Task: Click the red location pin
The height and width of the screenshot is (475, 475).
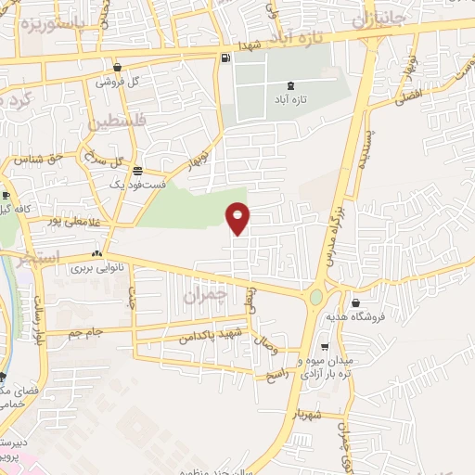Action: point(238,217)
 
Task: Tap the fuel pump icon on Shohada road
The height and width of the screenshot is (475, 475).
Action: point(225,59)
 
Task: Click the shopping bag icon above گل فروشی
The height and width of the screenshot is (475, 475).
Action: point(118,67)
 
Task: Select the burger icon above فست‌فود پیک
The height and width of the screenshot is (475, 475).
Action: point(137,171)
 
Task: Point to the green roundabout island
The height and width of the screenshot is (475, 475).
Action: point(316,297)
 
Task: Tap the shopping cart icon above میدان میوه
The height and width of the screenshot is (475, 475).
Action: point(324,347)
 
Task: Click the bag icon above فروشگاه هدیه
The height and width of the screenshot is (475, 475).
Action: point(355,302)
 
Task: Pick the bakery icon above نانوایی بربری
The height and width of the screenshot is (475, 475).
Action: point(96,254)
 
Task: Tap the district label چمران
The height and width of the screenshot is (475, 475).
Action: point(205,297)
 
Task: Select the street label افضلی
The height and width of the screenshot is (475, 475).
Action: point(407,96)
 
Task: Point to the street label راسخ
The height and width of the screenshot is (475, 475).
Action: point(278,375)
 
